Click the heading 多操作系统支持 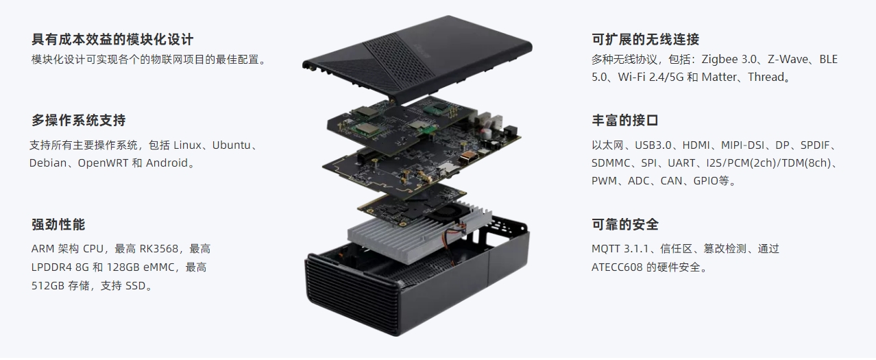point(79,121)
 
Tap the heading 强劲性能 point(58,225)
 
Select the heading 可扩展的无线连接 point(645,40)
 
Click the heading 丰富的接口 point(625,121)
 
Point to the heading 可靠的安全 point(625,225)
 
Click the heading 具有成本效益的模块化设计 point(112,40)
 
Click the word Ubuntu point(232,145)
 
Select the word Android point(167,163)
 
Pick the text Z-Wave point(788,60)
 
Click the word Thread point(766,77)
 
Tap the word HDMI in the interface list point(696,145)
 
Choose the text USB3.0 point(653,145)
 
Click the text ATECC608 point(618,267)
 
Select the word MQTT point(606,249)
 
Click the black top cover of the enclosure point(417,59)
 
